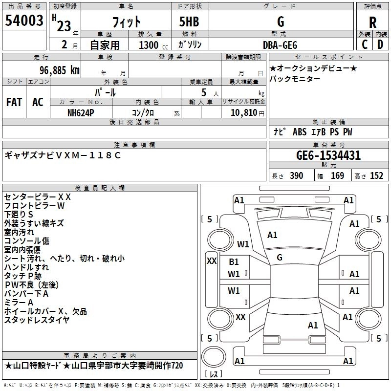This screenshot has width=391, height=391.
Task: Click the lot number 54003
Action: click(24, 21)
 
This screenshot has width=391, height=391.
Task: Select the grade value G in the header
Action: click(281, 22)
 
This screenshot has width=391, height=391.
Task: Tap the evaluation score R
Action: click(372, 22)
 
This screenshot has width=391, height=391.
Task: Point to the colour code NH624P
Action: click(82, 112)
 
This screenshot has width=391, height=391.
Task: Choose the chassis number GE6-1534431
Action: click(328, 155)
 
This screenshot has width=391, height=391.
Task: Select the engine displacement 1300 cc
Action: click(150, 44)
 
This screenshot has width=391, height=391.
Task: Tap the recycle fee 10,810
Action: click(243, 112)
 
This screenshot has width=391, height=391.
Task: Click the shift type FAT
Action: click(14, 102)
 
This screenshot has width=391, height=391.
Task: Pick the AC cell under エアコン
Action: click(38, 102)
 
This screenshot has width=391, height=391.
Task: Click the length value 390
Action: click(296, 176)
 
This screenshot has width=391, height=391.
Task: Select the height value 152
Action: click(376, 176)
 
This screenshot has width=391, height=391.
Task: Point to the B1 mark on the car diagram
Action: click(234, 262)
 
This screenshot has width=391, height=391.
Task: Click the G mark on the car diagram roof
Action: click(280, 258)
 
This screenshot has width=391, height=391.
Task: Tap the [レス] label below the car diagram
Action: click(214, 374)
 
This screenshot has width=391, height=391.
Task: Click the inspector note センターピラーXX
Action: click(38, 197)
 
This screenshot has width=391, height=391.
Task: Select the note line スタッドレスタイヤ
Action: click(37, 320)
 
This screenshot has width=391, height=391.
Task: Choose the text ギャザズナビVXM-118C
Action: click(62, 155)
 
